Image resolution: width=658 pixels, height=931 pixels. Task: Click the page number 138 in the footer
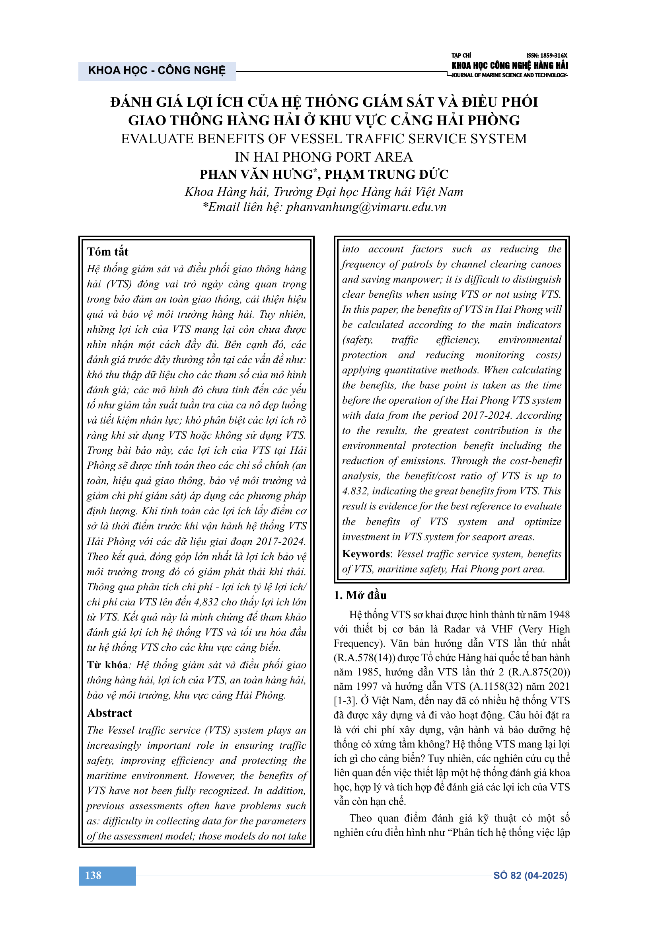pyautogui.click(x=93, y=875)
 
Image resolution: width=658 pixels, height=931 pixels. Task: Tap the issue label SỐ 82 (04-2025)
pyautogui.click(x=530, y=875)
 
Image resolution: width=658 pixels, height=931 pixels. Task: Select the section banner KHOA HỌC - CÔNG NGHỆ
pyautogui.click(x=157, y=70)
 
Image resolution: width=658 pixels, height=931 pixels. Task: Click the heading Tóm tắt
pyautogui.click(x=107, y=252)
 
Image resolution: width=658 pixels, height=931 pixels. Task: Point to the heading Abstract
pyautogui.click(x=109, y=713)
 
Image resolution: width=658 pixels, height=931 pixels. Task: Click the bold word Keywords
pyautogui.click(x=366, y=554)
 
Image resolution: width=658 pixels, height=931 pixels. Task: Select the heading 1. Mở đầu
pyautogui.click(x=360, y=595)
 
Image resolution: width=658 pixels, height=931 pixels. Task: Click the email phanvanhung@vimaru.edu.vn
pyautogui.click(x=366, y=207)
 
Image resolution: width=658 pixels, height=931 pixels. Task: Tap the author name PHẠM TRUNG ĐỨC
pyautogui.click(x=386, y=174)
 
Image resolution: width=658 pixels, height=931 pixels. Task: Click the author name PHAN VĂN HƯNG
pyautogui.click(x=257, y=174)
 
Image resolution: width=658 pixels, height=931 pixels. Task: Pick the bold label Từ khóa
pyautogui.click(x=107, y=665)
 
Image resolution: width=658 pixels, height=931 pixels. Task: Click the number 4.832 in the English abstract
pyautogui.click(x=355, y=491)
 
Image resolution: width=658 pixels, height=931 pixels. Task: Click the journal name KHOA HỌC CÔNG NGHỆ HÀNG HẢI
pyautogui.click(x=509, y=65)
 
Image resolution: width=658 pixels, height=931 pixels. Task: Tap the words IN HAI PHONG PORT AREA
pyautogui.click(x=323, y=157)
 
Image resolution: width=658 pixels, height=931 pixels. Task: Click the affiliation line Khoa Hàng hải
pyautogui.click(x=227, y=192)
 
